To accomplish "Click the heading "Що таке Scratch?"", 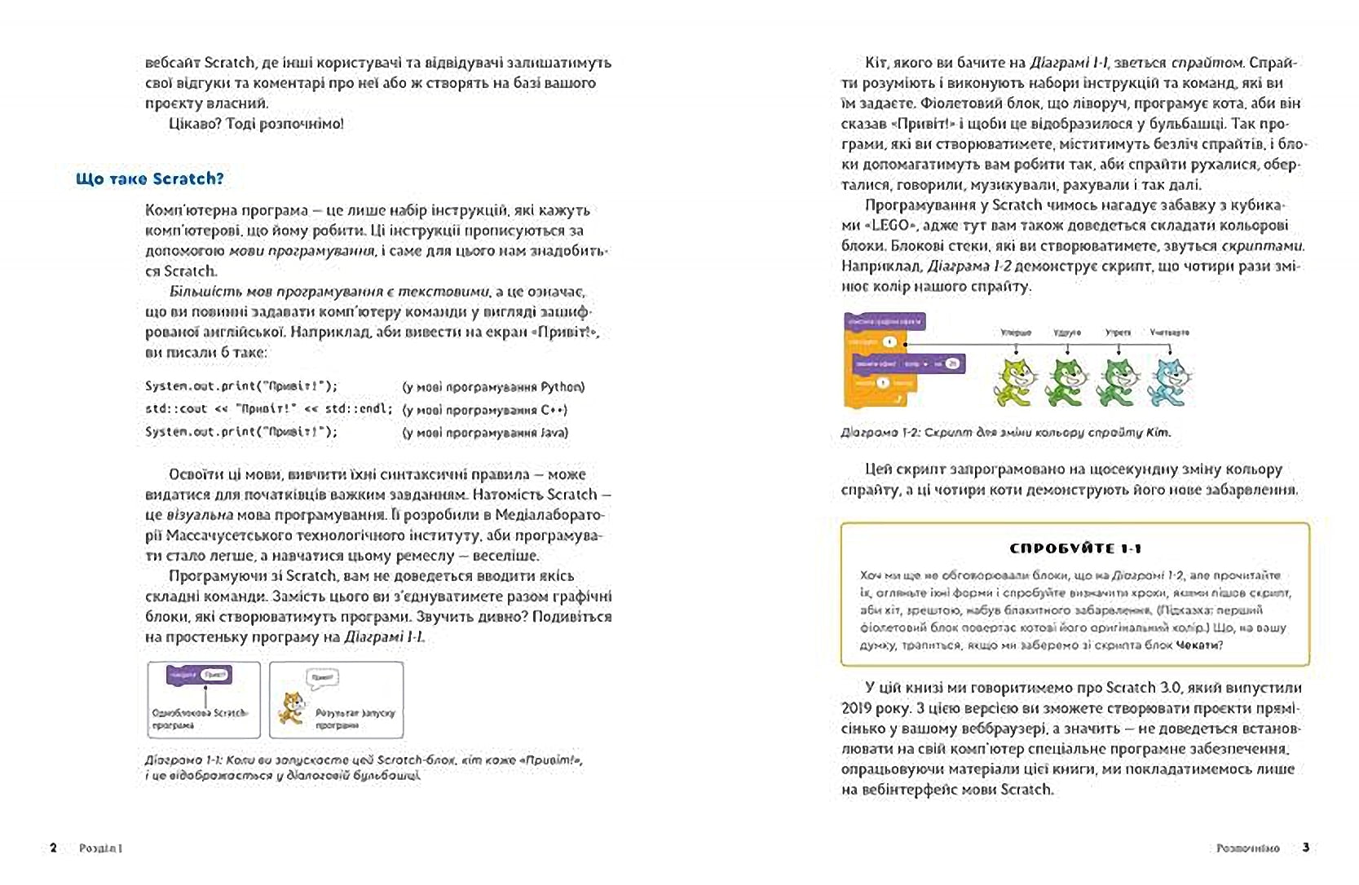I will (x=149, y=179).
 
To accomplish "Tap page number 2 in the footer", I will (x=54, y=848).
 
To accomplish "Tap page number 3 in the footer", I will (x=1305, y=848).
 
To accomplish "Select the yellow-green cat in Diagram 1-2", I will (x=1016, y=381).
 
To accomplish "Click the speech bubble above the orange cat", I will (x=322, y=677).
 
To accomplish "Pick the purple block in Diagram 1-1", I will (x=199, y=675).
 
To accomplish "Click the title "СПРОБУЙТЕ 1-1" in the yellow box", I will (x=1075, y=548).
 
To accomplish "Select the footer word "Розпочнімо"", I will (x=1247, y=848).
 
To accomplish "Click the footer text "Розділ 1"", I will (x=100, y=848).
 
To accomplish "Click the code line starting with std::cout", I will (x=268, y=409).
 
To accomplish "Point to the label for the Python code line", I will (x=493, y=387).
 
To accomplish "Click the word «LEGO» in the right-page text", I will (x=889, y=225).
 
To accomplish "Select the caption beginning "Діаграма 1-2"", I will (x=1005, y=433).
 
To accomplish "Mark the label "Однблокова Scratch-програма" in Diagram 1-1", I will (x=199, y=719).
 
